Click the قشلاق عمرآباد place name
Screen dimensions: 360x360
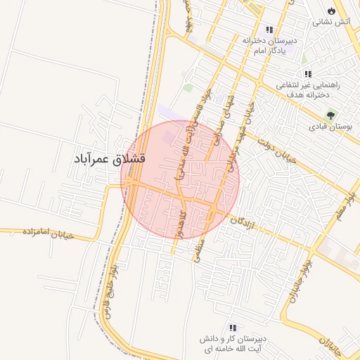109,160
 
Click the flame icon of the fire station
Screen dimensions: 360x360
332,11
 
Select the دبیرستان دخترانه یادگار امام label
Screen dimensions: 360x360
271,46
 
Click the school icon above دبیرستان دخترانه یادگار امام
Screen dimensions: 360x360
269,30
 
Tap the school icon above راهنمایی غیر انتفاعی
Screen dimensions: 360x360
308,74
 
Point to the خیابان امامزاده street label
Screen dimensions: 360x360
49,233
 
